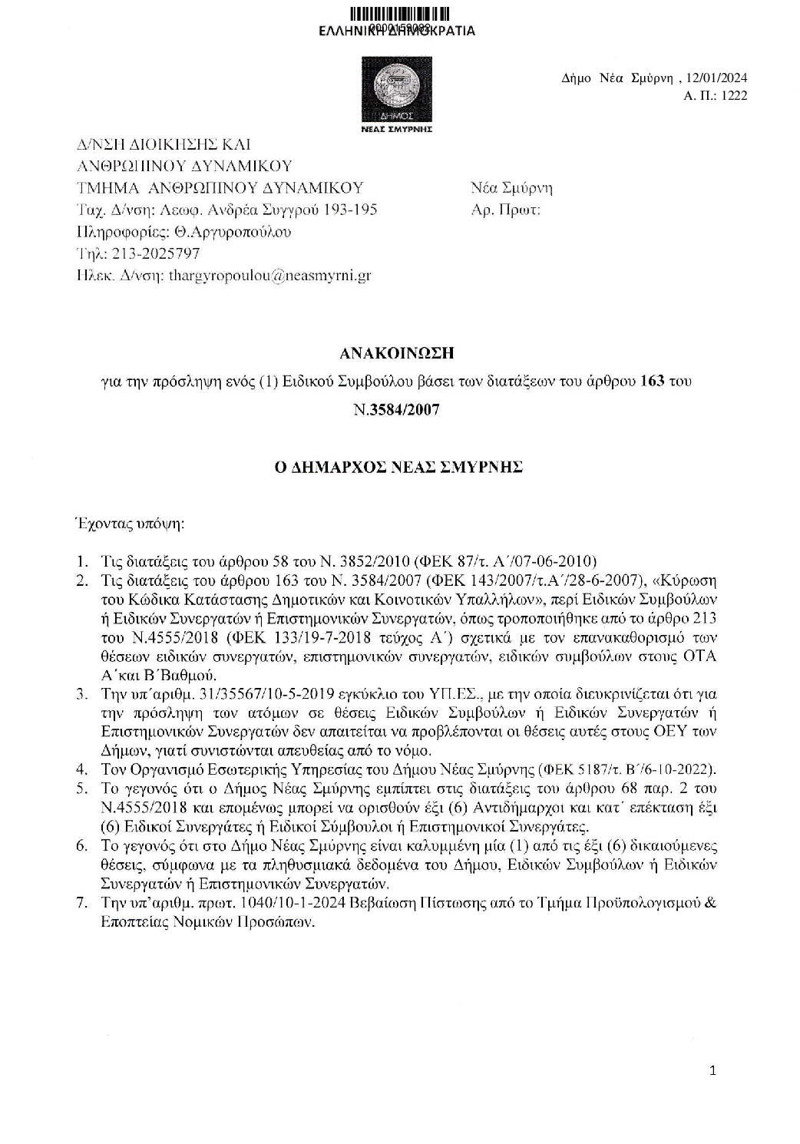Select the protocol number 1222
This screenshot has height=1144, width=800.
[733, 96]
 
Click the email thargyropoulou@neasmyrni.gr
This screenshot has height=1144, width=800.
[269, 275]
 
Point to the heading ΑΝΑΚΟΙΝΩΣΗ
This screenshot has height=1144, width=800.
[397, 353]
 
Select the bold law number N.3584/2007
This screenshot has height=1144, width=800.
[397, 409]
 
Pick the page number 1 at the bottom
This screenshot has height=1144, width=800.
[712, 1072]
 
